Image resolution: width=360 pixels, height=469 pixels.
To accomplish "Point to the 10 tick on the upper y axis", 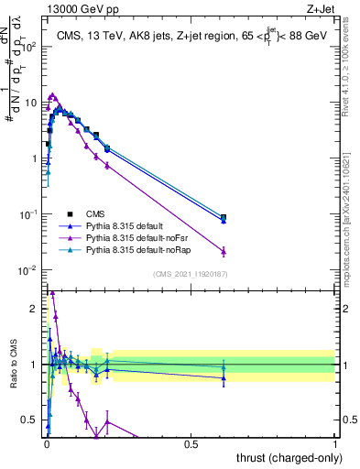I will click(29, 103).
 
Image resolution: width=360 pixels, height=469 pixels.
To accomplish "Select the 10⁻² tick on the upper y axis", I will click(27, 270).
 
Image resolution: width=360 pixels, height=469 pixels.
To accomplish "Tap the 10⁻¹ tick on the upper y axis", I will click(27, 214).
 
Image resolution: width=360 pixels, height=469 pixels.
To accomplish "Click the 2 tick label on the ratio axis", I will click(33, 309).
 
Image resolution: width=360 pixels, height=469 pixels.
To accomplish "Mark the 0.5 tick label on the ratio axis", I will click(30, 420).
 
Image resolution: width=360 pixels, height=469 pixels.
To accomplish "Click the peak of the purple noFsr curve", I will click(53, 94).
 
